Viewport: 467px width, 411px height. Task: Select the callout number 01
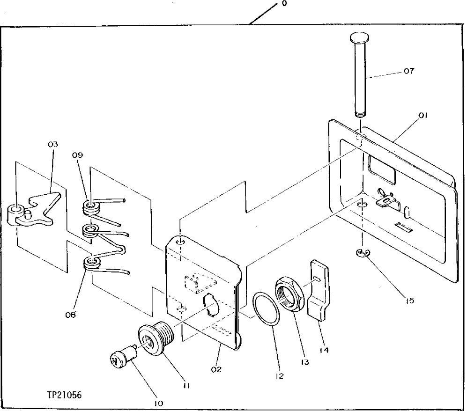pos(423,115)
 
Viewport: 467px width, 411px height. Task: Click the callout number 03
pos(52,145)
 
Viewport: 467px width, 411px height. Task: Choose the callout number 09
pos(78,155)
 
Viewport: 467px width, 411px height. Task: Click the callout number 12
pos(280,375)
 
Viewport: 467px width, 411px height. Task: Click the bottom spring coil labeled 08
pos(93,263)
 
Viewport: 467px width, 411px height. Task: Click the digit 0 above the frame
pos(284,4)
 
